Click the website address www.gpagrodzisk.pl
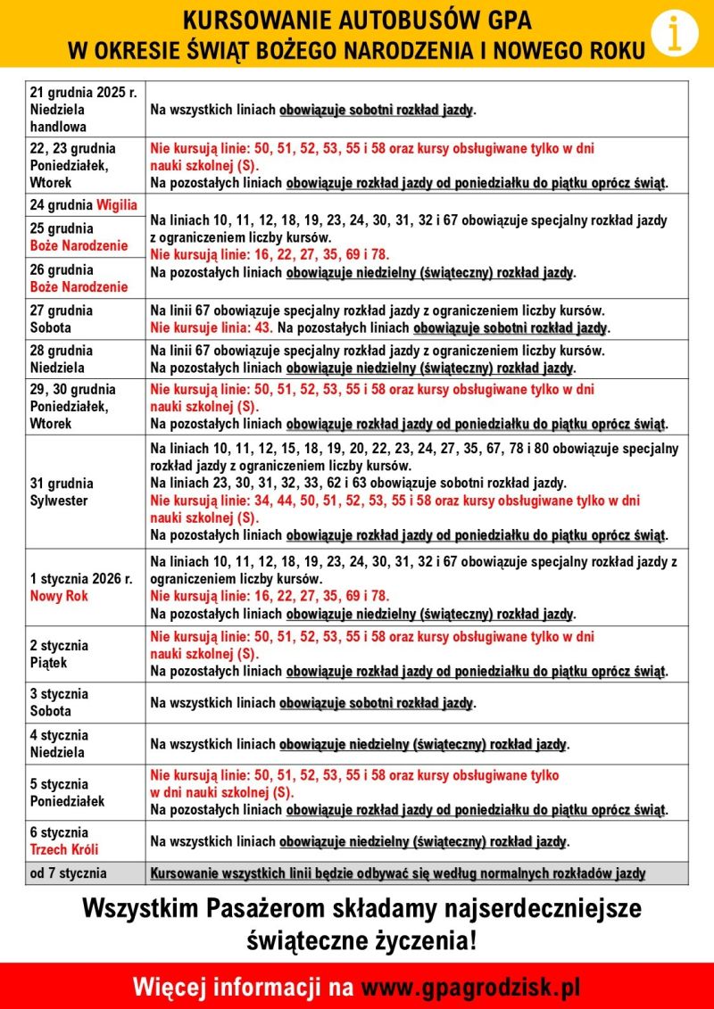(470, 987)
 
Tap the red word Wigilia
(117, 204)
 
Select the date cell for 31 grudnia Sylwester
(85, 492)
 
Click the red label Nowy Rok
(59, 596)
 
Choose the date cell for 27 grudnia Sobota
(85, 319)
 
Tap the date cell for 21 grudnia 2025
(85, 109)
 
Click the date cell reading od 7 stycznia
(85, 873)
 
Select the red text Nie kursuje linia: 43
(211, 328)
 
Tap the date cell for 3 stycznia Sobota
(85, 702)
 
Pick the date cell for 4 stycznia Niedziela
(85, 743)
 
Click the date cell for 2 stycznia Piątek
(85, 654)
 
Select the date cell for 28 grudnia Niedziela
(85, 359)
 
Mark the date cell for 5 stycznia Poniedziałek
(85, 792)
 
